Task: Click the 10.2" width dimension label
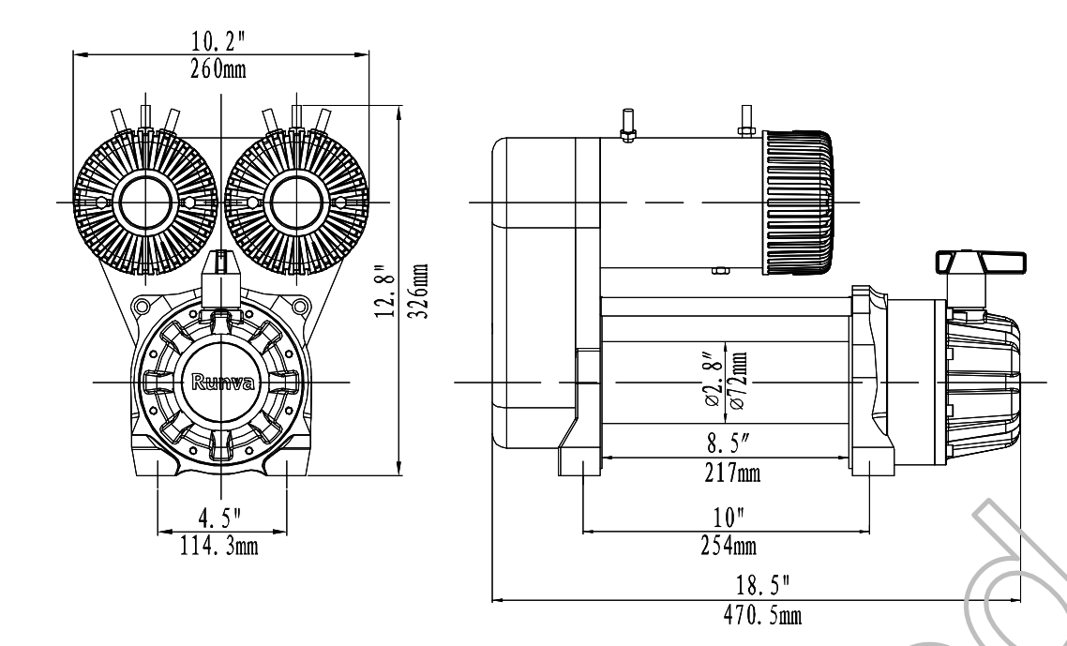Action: click(x=218, y=41)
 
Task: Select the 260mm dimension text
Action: click(x=218, y=68)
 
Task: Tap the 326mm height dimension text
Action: click(x=421, y=291)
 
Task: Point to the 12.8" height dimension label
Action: click(x=385, y=291)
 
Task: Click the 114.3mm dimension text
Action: click(x=219, y=546)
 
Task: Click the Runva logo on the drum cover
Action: click(x=222, y=382)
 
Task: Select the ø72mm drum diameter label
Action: click(x=738, y=380)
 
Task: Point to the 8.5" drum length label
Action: click(x=729, y=444)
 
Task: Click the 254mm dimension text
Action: click(x=729, y=546)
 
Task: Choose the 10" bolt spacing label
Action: click(x=729, y=518)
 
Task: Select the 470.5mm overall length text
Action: click(x=762, y=615)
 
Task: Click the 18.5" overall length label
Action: click(x=763, y=585)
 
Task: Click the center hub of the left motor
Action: click(x=145, y=203)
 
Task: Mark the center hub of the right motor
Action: click(x=296, y=203)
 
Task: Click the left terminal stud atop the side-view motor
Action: click(x=626, y=126)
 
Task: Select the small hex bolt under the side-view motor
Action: click(x=720, y=270)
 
